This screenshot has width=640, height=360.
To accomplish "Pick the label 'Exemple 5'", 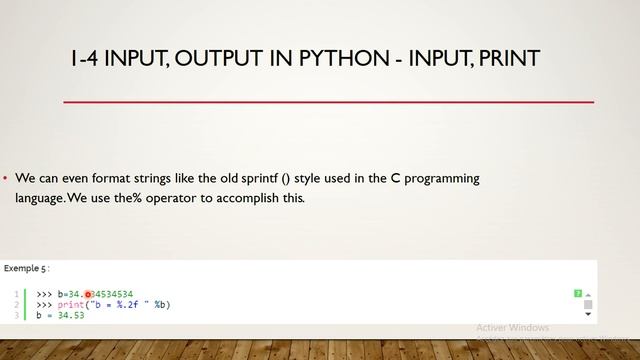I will [24, 269].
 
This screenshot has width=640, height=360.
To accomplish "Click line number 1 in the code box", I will [17, 293].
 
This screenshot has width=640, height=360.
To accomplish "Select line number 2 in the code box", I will [17, 304].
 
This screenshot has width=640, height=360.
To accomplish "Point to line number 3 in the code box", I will [17, 315].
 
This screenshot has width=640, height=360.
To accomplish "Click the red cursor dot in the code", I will [88, 293].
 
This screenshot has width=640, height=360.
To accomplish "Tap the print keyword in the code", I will [68, 304].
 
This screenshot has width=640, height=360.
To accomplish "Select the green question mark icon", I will [578, 293].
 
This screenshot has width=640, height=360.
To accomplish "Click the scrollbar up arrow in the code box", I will [589, 293].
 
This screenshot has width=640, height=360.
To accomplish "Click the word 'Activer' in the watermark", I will [492, 328].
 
